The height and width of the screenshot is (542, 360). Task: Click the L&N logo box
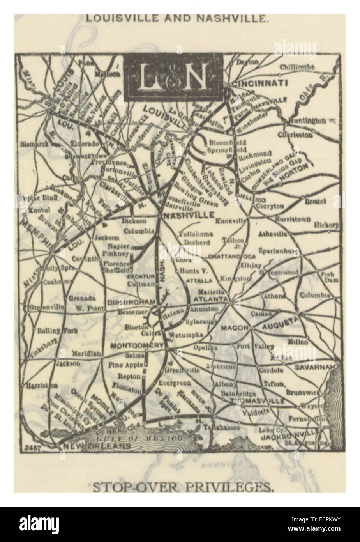tap(173, 74)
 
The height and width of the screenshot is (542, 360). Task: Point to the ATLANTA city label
tap(213, 299)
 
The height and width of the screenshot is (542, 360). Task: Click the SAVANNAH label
tap(320, 367)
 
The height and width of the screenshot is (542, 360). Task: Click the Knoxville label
tap(232, 221)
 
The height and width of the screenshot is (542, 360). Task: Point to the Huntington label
tap(307, 121)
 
